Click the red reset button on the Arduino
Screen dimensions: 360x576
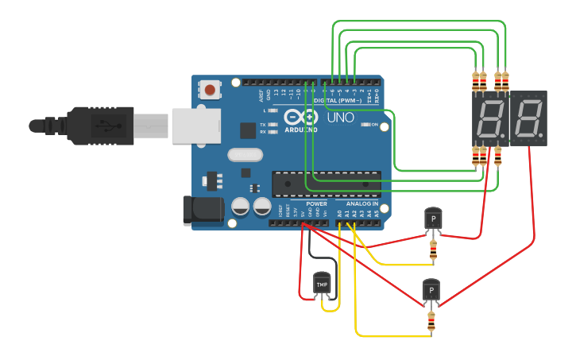coord(210,90)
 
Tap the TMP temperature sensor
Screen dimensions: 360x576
coord(322,284)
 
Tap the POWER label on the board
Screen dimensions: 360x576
coord(316,204)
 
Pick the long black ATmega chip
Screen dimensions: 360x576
coord(326,184)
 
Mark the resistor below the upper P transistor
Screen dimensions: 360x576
coord(433,250)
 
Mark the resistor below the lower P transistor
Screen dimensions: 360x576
coord(431,321)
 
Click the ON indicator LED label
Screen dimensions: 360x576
coord(374,125)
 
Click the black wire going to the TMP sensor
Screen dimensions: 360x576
coord(311,254)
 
